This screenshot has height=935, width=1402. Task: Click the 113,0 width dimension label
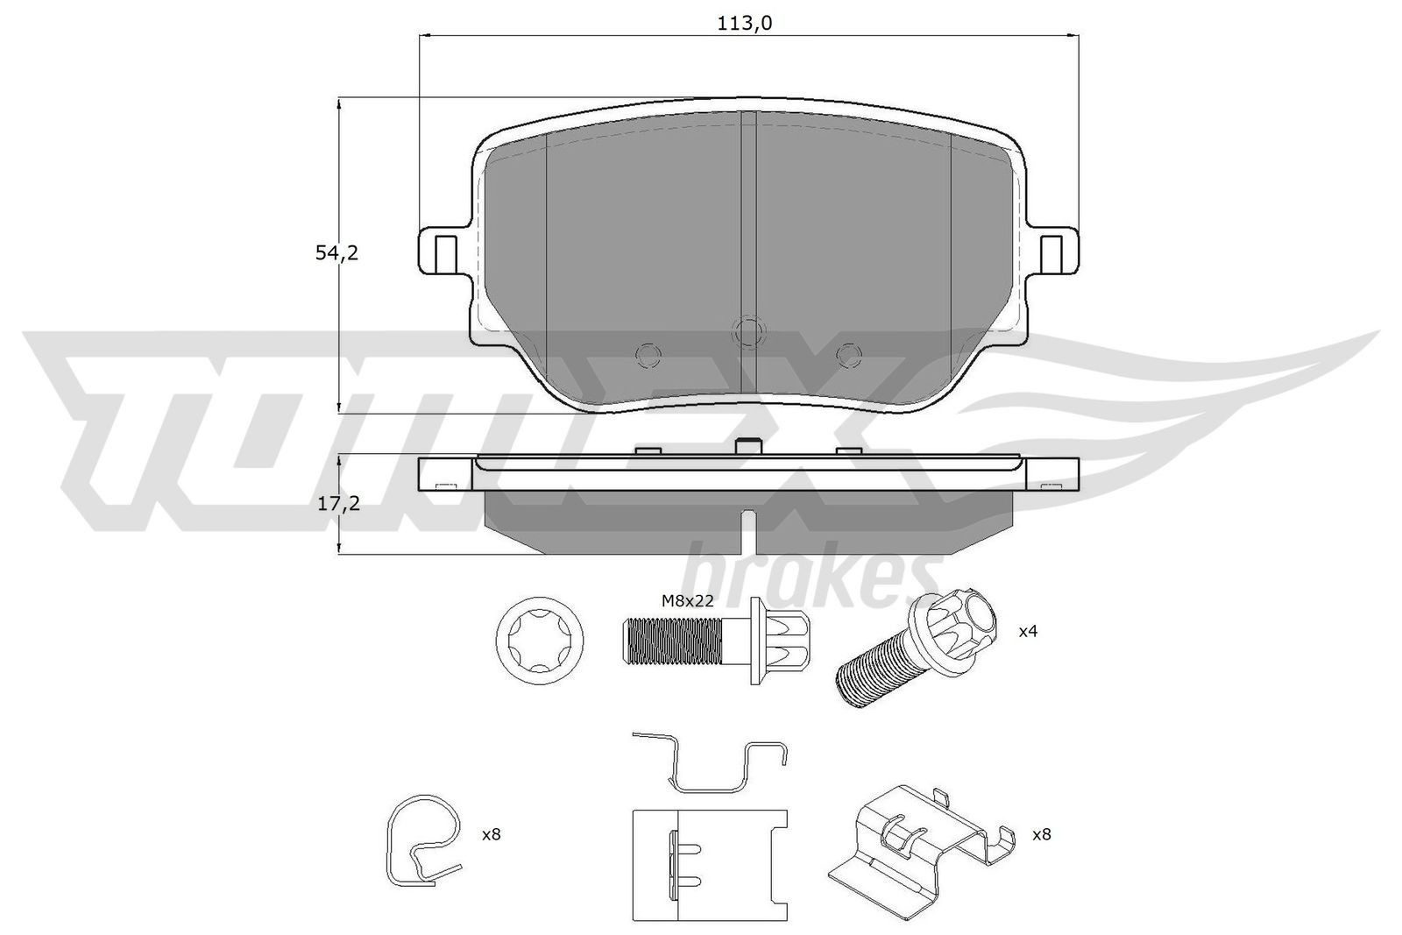(744, 24)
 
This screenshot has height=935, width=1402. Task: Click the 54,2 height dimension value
(336, 253)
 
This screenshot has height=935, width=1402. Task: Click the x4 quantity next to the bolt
(1027, 631)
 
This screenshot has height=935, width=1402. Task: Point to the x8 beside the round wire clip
(491, 835)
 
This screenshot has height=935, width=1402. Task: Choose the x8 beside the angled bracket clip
(1041, 835)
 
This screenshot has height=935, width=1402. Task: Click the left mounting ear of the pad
(441, 253)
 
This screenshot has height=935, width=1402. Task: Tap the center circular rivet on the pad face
(748, 331)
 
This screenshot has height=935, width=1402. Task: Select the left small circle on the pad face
(648, 354)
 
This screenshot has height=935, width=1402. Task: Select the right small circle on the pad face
(846, 354)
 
